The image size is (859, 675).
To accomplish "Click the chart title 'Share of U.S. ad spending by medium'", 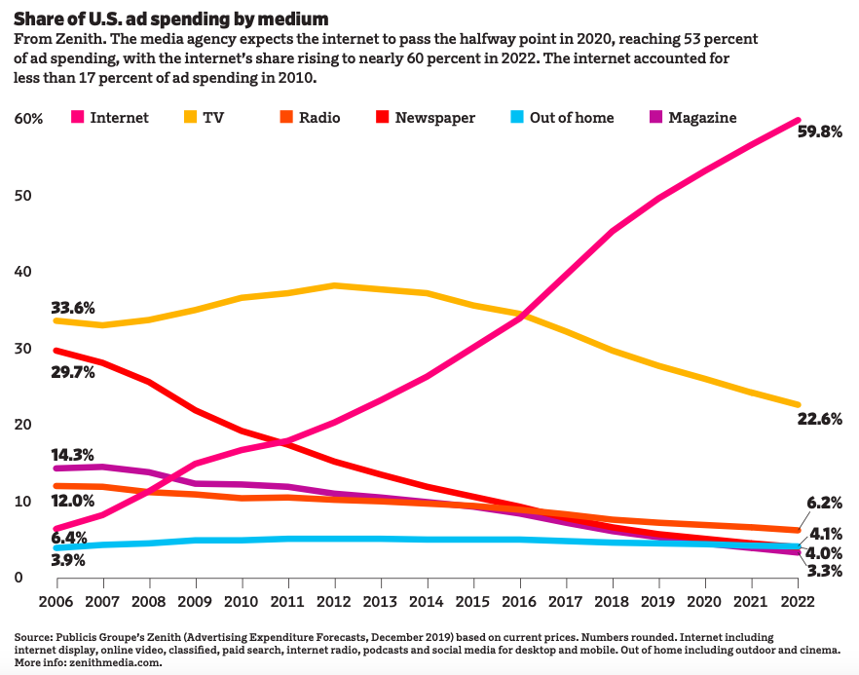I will (170, 19).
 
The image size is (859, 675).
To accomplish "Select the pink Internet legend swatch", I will (76, 118).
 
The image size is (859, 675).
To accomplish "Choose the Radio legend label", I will (318, 118).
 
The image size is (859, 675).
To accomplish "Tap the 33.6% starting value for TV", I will (73, 308).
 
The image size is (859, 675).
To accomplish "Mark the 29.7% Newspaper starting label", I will (73, 372).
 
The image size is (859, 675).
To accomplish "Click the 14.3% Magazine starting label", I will (73, 454).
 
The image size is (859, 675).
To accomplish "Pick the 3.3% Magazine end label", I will (823, 571).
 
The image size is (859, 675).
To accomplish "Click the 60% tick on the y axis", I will (28, 119).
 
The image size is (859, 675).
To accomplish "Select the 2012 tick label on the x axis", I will (334, 601).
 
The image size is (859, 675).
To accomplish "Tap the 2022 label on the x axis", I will (800, 601).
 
